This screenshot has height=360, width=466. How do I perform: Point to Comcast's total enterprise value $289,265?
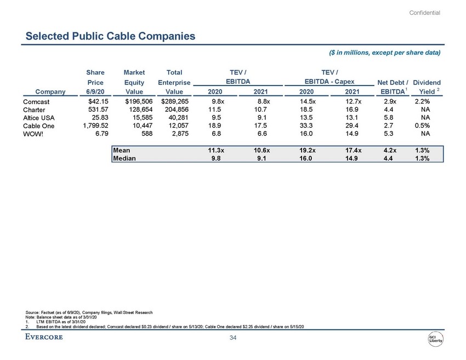pyautogui.click(x=173, y=101)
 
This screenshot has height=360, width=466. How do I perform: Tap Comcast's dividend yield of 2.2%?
pyautogui.click(x=423, y=101)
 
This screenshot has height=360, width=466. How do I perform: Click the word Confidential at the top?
pyautogui.click(x=425, y=13)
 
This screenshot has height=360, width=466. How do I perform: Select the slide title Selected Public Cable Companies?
pyautogui.click(x=111, y=37)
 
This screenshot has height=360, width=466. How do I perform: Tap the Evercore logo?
pyautogui.click(x=44, y=337)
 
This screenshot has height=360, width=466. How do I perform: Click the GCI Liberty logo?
pyautogui.click(x=436, y=340)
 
